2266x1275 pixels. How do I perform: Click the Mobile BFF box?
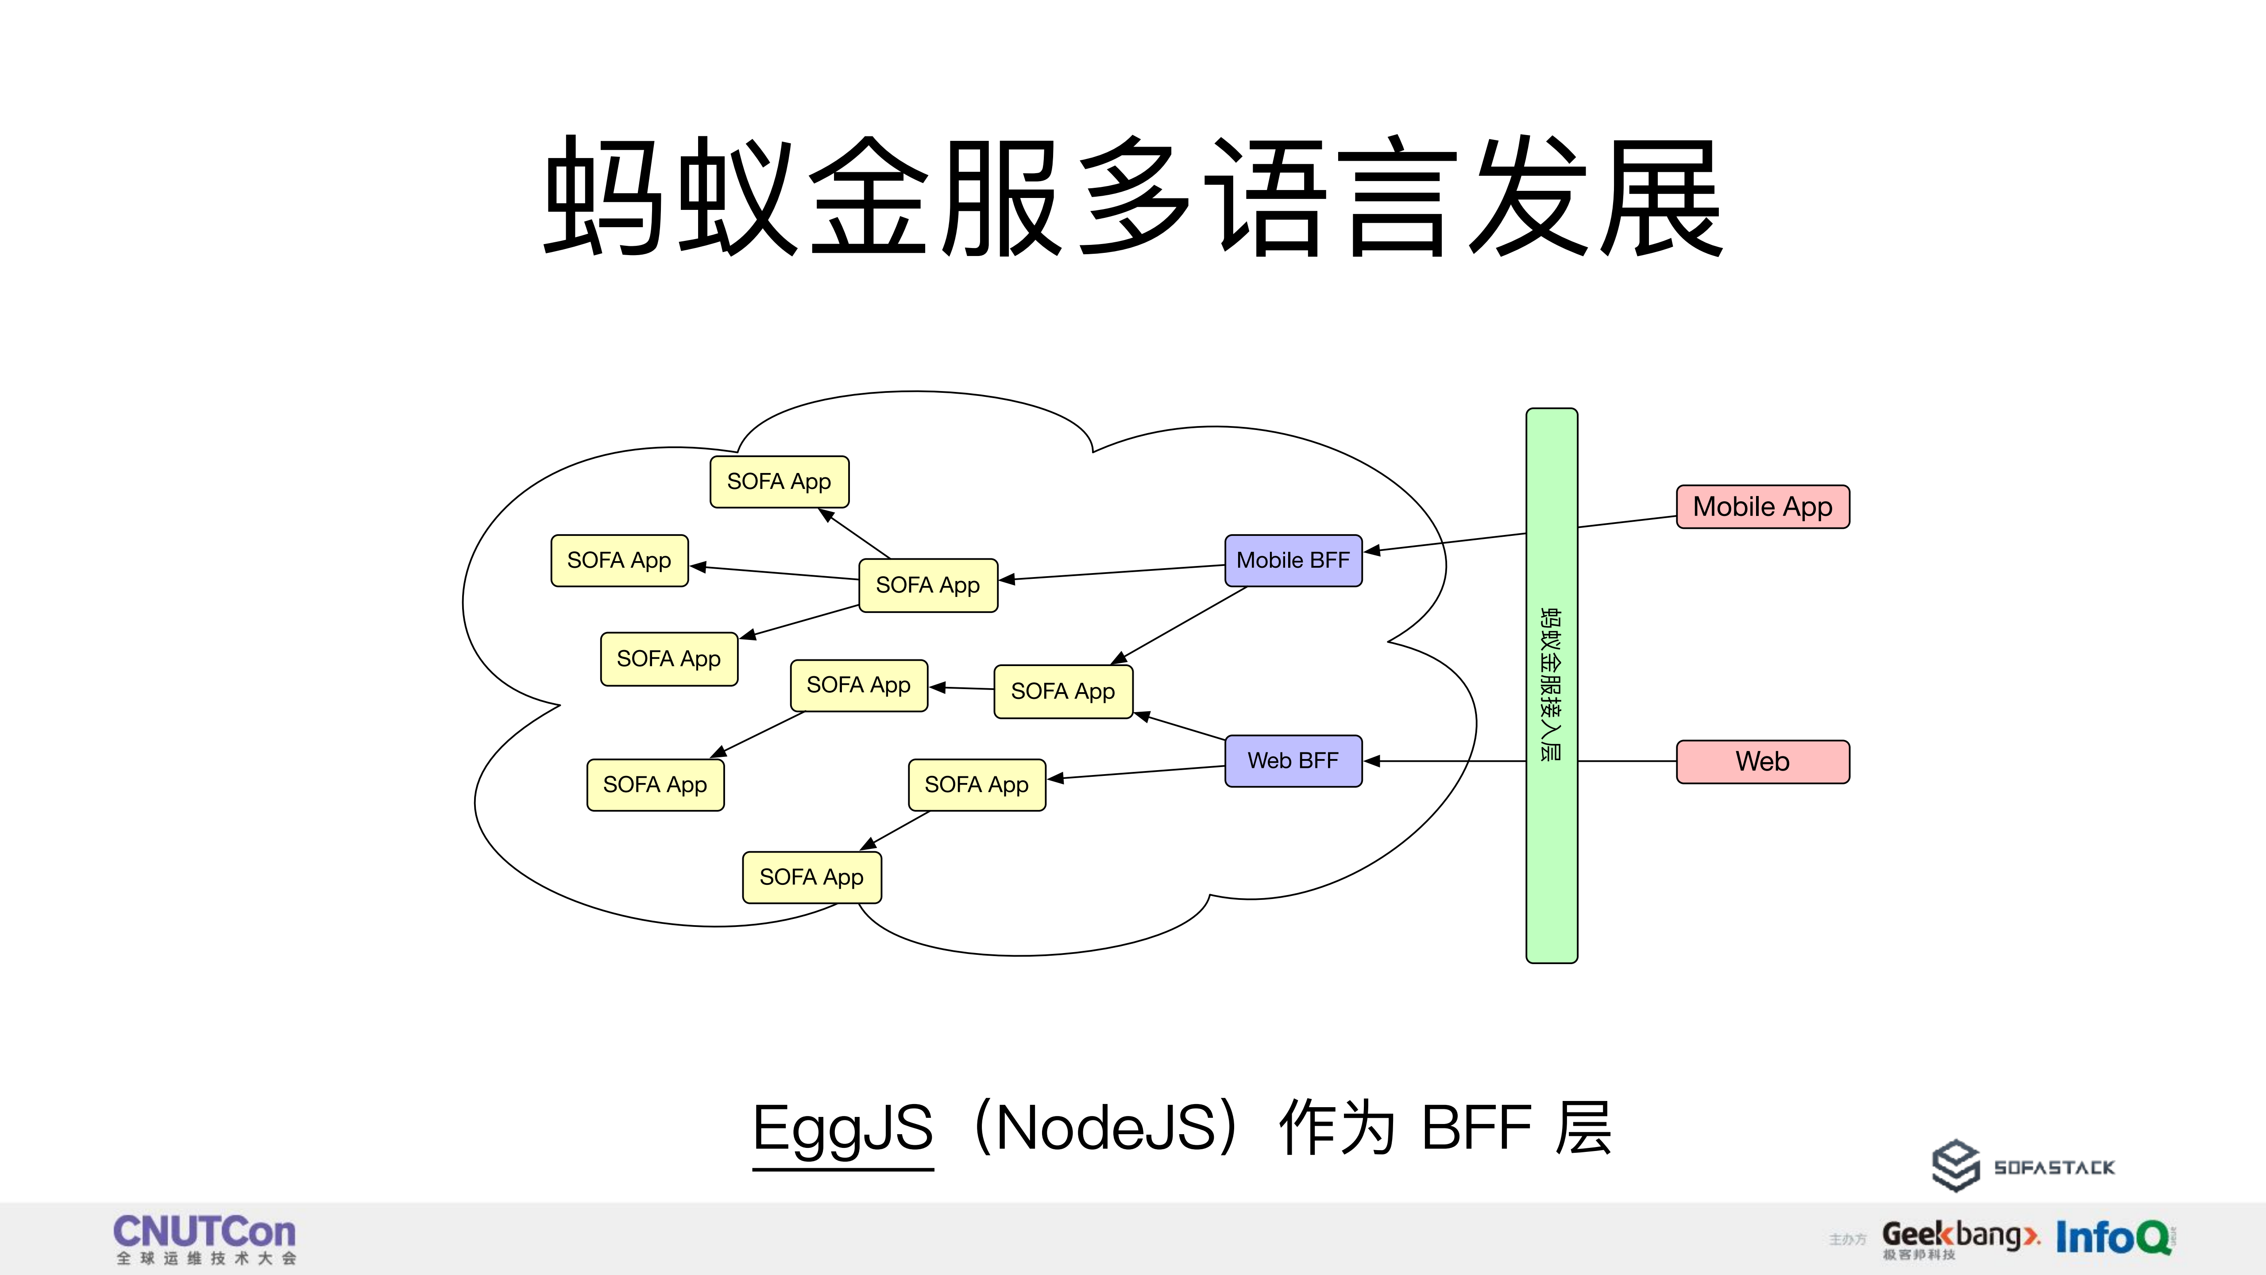tap(1293, 561)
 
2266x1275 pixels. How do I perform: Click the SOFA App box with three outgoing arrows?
tap(928, 585)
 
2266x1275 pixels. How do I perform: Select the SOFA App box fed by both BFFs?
tap(1063, 692)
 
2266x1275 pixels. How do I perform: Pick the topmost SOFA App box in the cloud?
tap(780, 481)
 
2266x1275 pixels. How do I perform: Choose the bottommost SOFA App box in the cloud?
tap(811, 877)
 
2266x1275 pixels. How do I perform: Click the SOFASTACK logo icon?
tap(1955, 1166)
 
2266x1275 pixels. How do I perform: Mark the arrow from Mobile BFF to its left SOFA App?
tap(1113, 572)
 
